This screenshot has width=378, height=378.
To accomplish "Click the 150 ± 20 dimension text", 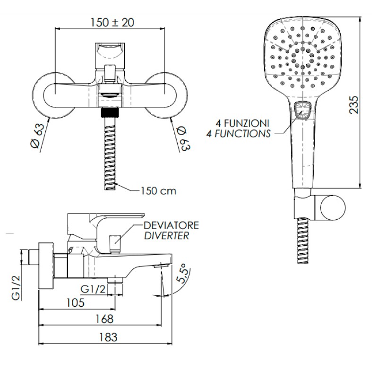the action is click(112, 23).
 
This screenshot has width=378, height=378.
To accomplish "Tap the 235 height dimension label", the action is click(354, 105).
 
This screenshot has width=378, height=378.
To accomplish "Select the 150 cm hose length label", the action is click(158, 191).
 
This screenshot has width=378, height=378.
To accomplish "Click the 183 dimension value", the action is click(108, 337).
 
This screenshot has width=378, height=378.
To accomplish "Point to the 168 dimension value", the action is click(104, 319).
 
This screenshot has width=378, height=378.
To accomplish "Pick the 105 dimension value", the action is click(76, 303).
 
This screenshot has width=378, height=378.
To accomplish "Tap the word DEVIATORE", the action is click(171, 225).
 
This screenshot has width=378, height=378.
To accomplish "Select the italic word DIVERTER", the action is click(167, 236).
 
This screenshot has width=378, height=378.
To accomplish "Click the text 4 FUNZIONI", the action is click(242, 123).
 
